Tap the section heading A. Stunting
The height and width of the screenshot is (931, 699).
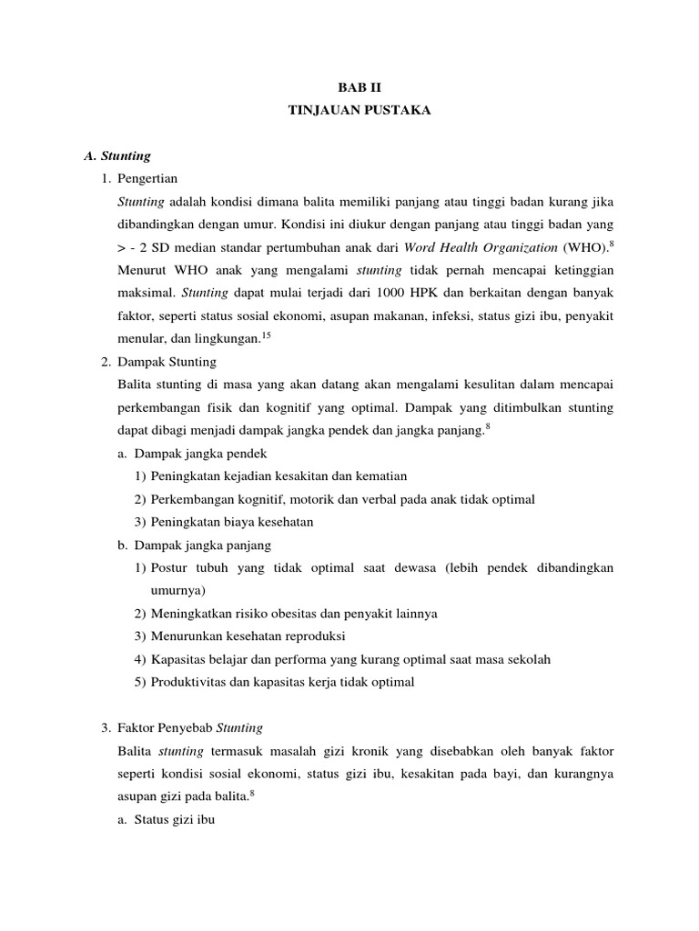117,156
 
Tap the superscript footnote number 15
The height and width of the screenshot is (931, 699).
267,335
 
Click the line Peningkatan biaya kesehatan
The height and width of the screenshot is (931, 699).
230,522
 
